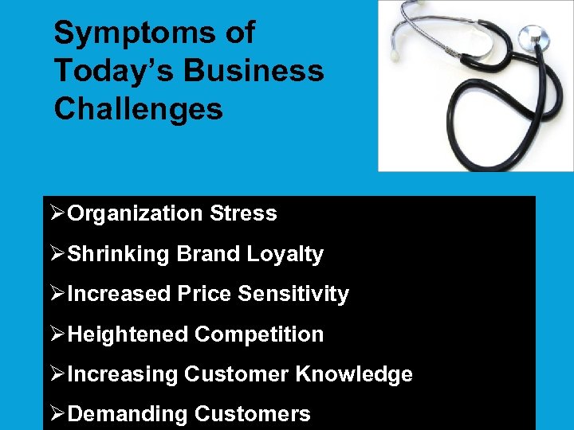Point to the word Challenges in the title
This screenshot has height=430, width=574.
coord(139,109)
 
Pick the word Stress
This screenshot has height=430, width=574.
coord(243,213)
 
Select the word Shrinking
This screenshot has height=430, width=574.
coord(119,254)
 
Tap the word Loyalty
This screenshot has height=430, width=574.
coord(285,254)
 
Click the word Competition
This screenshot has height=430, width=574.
coord(259,334)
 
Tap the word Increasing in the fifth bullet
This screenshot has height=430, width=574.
coord(124,374)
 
